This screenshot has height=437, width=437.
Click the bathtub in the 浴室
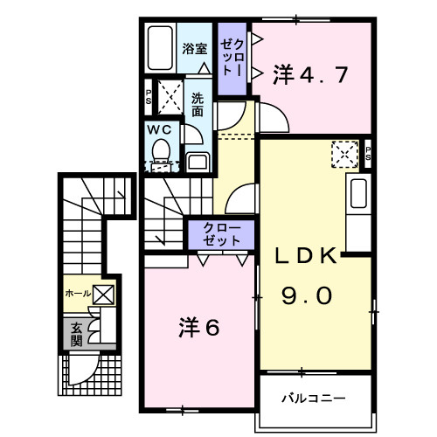click(x=160, y=48)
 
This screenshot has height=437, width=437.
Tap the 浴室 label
click(x=195, y=49)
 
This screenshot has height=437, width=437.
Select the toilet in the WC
click(x=161, y=150)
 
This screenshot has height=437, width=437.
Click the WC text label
click(x=159, y=130)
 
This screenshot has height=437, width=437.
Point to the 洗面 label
click(x=198, y=105)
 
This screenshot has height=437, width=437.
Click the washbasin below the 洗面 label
click(x=198, y=162)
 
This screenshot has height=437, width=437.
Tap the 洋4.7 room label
click(x=310, y=75)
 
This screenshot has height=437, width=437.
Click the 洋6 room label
click(x=198, y=328)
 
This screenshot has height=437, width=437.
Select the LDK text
click(x=306, y=255)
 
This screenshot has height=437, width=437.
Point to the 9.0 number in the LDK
click(x=307, y=295)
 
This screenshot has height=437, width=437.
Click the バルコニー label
click(x=314, y=398)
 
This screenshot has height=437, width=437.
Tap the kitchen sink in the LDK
click(x=358, y=193)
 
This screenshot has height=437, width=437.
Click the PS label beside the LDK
click(x=368, y=154)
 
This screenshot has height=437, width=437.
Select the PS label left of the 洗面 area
click(x=149, y=97)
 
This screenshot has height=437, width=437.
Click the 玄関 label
click(x=76, y=334)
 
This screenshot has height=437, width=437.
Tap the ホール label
click(x=78, y=293)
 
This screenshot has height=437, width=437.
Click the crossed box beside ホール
click(x=103, y=295)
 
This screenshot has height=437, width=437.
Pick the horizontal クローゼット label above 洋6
click(x=222, y=234)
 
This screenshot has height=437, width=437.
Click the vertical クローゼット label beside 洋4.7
click(x=232, y=58)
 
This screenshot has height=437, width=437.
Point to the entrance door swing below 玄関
click(x=84, y=368)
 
